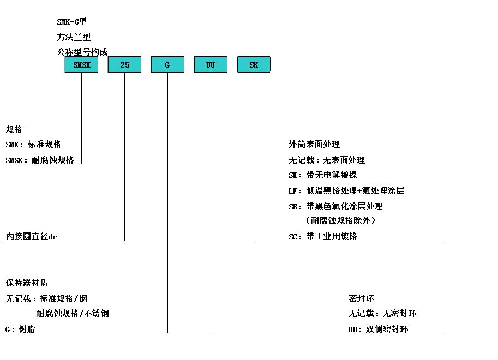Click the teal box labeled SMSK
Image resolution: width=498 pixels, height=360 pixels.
pos(81,64)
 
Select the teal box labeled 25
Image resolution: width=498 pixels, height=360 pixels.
pos(124,64)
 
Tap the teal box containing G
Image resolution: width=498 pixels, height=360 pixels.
pos(167,64)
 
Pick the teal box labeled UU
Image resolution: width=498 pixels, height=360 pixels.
pos(211,64)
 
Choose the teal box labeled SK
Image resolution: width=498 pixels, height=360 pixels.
pos(254,64)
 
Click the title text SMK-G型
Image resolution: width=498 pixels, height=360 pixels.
pos(72,22)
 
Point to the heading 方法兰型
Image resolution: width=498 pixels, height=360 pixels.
pos(74,37)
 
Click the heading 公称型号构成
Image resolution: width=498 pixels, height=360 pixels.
pos(82,52)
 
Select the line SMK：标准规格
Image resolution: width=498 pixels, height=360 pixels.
pos(33,144)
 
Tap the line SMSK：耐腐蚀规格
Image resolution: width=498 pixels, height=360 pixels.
pos(39,160)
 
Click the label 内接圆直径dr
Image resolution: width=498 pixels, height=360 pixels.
pos(31,236)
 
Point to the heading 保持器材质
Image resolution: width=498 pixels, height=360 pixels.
pos(27,283)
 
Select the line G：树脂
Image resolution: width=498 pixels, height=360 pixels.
pos(20,329)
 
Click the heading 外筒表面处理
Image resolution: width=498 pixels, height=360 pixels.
pos(314,144)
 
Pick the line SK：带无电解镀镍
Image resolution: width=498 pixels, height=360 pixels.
pos(323,175)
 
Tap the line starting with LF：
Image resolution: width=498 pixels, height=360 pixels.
pos(346,191)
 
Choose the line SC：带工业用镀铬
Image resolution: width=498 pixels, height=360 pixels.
pos(323,236)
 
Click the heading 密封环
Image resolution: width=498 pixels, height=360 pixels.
pos(361,298)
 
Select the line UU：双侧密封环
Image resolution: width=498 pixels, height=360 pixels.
pos(378,329)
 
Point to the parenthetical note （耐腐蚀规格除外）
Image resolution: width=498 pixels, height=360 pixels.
pos(340,220)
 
